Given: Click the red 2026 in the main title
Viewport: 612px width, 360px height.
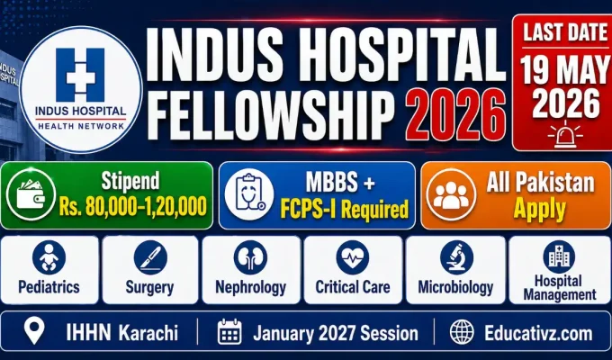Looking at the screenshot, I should pyautogui.click(x=454, y=115).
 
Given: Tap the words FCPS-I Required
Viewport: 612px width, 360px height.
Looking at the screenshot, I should pyautogui.click(x=343, y=211).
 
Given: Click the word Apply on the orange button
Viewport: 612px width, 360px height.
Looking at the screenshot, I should pyautogui.click(x=540, y=210).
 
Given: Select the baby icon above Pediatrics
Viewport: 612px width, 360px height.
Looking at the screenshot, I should pyautogui.click(x=49, y=258).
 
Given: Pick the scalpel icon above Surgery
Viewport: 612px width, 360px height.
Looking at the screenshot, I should pyautogui.click(x=150, y=258).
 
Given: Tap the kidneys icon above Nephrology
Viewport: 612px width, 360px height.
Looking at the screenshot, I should pyautogui.click(x=251, y=258).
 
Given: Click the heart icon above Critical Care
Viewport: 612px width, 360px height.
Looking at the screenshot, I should pyautogui.click(x=352, y=258).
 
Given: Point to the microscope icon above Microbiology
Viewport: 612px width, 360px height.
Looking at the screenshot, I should pyautogui.click(x=456, y=258).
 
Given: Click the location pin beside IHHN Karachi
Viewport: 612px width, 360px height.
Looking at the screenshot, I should pyautogui.click(x=35, y=332).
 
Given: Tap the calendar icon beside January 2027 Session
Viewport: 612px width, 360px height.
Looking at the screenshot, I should pyautogui.click(x=231, y=332).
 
